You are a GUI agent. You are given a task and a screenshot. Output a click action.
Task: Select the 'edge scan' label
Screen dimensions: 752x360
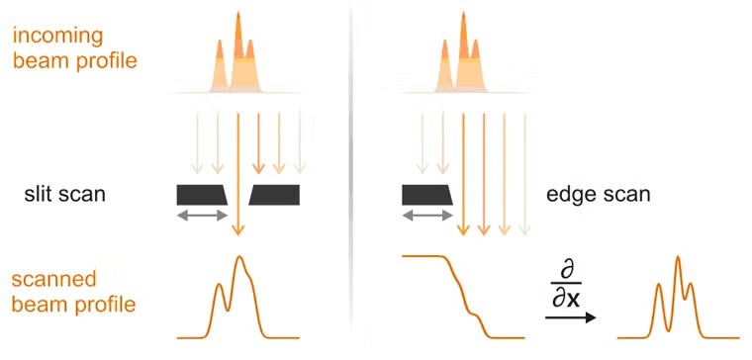tap(599, 195)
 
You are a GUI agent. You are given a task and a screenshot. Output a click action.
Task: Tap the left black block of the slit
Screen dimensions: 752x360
tap(201, 195)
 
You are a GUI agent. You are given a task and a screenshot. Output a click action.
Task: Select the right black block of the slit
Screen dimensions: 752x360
tap(276, 195)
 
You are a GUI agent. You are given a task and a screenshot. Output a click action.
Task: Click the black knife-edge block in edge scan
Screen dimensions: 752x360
tap(426, 195)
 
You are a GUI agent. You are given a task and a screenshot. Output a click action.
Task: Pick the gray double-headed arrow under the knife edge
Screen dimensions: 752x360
tap(426, 215)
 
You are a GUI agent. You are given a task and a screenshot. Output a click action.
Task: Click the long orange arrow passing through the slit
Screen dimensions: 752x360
tap(237, 173)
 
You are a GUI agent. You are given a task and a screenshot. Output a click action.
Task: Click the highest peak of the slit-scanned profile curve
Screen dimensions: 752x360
tap(238, 259)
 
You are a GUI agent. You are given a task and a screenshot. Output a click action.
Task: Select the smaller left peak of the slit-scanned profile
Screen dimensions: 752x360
tap(220, 287)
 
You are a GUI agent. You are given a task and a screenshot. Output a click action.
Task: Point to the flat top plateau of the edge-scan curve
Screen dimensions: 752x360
tap(421, 256)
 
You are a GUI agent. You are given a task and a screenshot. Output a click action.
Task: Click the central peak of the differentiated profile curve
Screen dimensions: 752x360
tap(677, 260)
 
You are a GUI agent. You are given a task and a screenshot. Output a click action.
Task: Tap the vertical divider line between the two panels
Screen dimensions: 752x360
tap(352, 178)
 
